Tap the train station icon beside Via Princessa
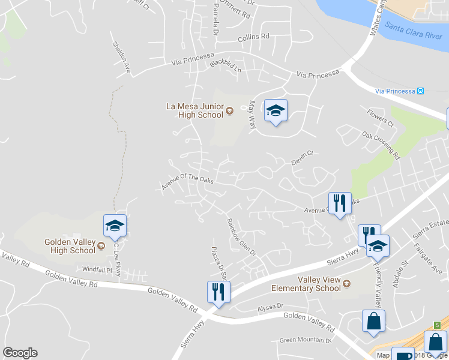[421, 91]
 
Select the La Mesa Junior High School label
[194, 110]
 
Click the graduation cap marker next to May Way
[276, 110]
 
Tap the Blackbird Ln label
[225, 67]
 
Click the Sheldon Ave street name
[122, 57]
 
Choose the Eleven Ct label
[302, 157]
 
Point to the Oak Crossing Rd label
[381, 145]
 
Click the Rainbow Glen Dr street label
[241, 236]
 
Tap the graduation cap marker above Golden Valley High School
[115, 226]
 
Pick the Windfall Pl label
[97, 270]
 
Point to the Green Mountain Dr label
[306, 341]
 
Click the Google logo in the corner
[20, 353]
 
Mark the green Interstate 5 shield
[438, 325]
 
